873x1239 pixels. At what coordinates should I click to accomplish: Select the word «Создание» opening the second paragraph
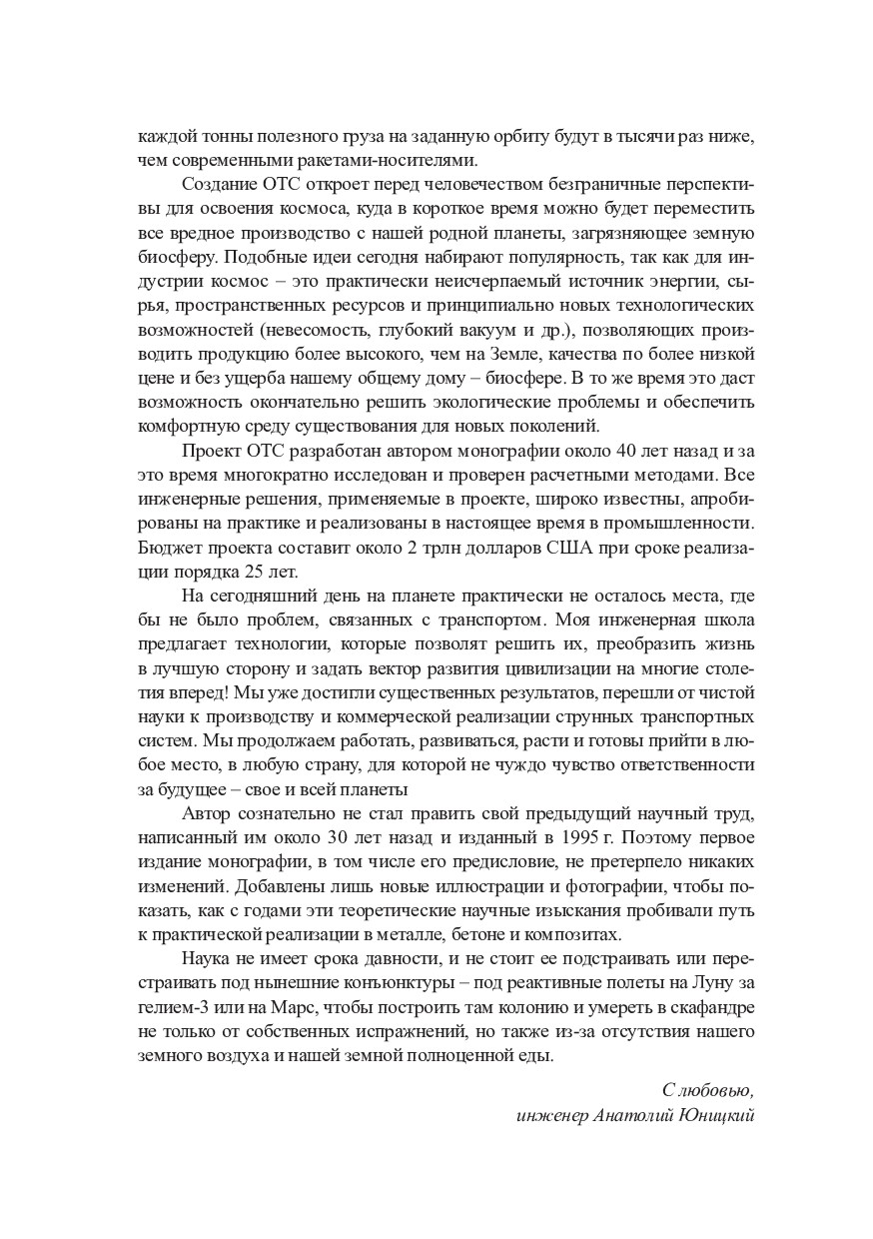[219, 184]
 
